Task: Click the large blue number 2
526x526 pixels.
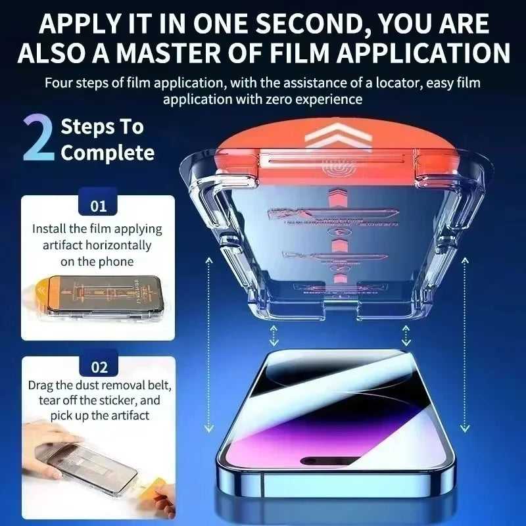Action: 38,138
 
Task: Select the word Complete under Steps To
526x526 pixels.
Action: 108,153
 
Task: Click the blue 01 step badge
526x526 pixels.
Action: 99,206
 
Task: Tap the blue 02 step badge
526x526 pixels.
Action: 99,367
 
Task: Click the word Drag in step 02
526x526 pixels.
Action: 41,385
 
